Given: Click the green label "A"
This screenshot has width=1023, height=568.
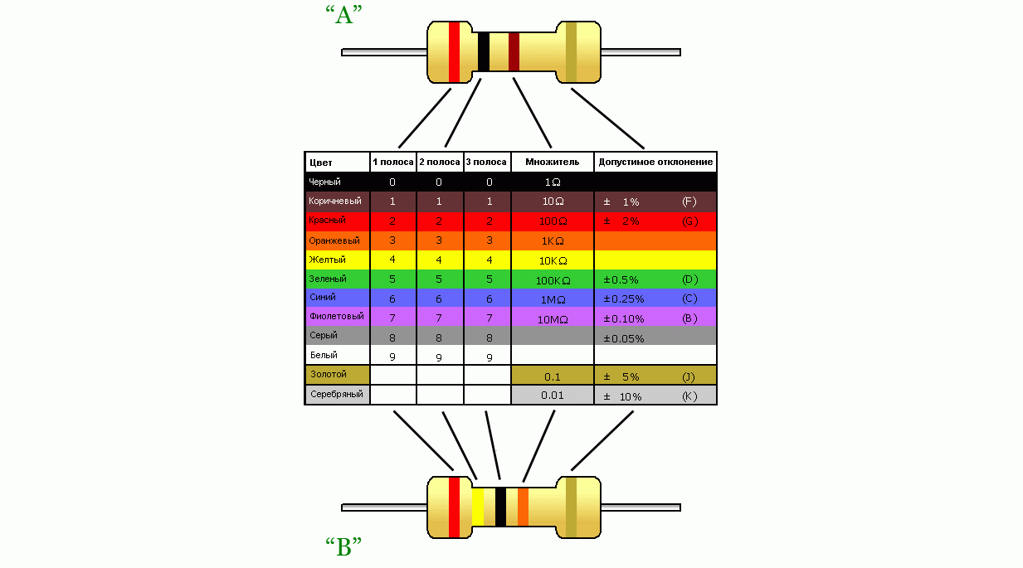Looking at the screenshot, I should (x=344, y=15).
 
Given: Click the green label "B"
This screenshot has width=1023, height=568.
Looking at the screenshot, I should (x=344, y=548).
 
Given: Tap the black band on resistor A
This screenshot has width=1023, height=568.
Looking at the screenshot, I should (x=484, y=52).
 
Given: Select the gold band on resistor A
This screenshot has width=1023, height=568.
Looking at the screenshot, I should (x=571, y=52).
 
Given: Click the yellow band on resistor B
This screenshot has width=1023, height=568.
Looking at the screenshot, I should (x=478, y=507).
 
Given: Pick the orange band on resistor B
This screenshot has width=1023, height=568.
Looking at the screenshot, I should (x=523, y=507).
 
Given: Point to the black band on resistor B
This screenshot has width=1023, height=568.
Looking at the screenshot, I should (x=500, y=507).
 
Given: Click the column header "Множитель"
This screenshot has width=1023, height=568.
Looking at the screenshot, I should (x=552, y=162).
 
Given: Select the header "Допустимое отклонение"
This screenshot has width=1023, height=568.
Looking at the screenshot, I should (x=655, y=162).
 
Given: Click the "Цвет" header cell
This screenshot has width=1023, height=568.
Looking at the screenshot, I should (x=320, y=163).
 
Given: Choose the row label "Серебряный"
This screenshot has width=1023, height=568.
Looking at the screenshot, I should (x=336, y=394).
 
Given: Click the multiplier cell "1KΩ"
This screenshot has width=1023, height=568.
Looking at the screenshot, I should (x=552, y=240).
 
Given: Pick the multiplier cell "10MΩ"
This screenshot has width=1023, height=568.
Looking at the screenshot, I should (x=552, y=318).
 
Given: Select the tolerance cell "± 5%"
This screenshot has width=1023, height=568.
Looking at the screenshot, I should (x=621, y=376).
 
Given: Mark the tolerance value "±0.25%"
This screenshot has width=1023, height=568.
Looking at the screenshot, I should (x=623, y=299).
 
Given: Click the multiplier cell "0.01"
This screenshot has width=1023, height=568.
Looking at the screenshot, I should (x=552, y=395).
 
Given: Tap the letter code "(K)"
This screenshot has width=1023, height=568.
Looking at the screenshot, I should (x=689, y=396).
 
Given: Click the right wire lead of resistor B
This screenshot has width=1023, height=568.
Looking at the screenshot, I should (x=640, y=507).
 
